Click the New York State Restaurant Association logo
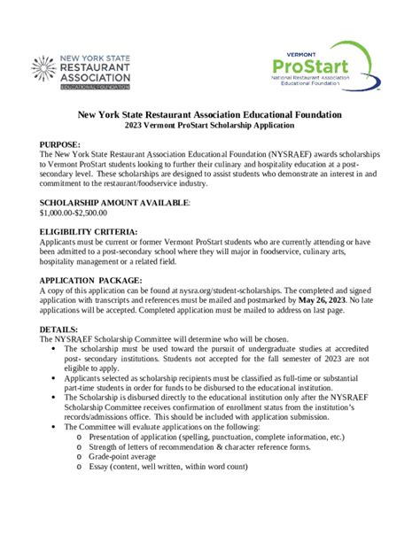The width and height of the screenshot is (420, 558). click(82, 72)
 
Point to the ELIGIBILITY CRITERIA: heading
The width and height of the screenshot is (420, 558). click(88, 232)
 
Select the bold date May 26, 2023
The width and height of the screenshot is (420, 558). click(326, 299)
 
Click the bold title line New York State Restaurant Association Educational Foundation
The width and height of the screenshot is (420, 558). click(210, 115)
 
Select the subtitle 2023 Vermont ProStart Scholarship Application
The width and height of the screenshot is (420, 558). click(210, 127)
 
